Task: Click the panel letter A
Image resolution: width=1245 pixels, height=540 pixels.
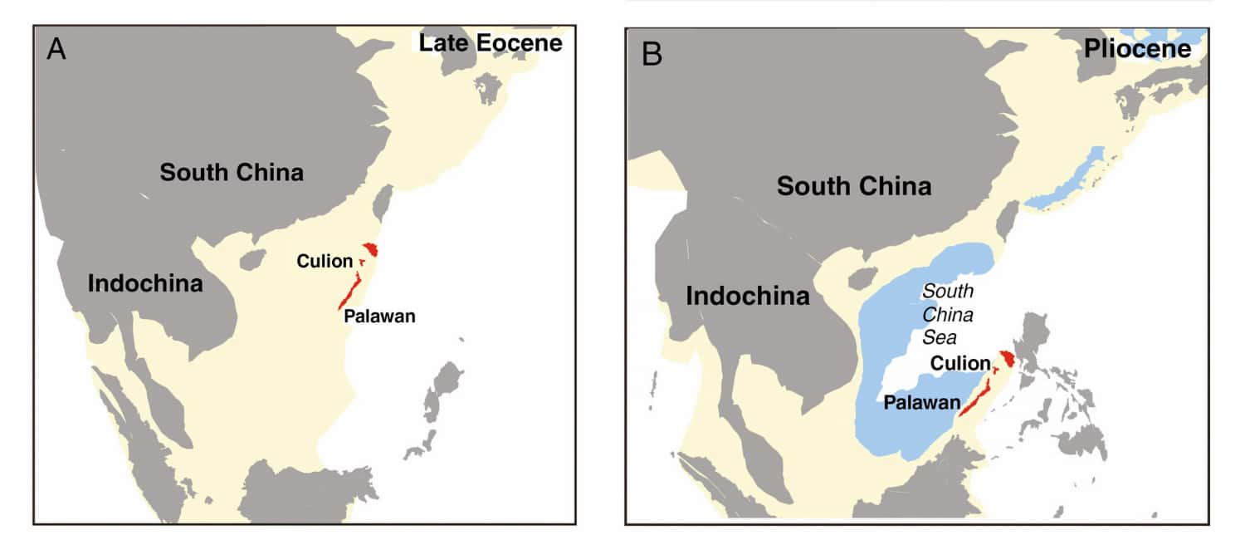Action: point(56,50)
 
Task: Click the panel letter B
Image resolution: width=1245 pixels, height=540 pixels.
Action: point(652,55)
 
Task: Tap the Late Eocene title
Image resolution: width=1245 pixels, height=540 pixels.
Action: point(490,43)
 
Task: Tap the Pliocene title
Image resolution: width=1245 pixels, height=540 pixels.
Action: point(1137,50)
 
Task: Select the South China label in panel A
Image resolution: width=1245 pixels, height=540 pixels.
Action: point(232,173)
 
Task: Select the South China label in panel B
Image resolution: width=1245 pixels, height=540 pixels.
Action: point(854,186)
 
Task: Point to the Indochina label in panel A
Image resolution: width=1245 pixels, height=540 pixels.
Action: point(145,283)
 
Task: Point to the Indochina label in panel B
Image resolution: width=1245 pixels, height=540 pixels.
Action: point(748,296)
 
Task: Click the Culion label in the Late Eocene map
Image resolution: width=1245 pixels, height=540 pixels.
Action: point(325,262)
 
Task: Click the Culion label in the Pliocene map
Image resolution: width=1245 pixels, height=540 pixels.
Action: point(960,363)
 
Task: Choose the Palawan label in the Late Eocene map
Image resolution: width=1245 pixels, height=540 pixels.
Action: point(378,316)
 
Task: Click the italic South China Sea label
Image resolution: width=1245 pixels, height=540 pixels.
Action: point(949,315)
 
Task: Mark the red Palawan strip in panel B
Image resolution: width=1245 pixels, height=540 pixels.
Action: point(974,395)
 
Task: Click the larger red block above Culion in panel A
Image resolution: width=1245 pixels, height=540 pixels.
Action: point(371,249)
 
